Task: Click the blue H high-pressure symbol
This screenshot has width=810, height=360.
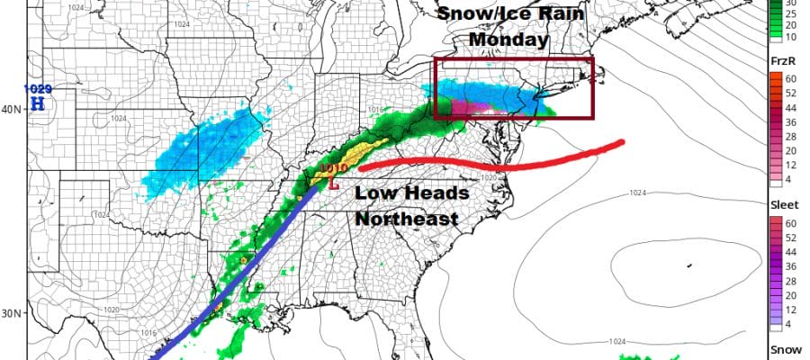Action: (38, 103)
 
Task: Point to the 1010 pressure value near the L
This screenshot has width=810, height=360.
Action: (333, 168)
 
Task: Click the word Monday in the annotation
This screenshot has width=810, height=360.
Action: (510, 40)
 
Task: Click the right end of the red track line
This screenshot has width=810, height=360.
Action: (620, 142)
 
